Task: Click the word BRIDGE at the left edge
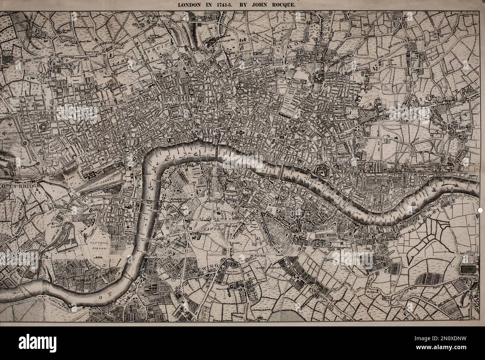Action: click(x=26, y=183)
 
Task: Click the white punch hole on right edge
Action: click(x=480, y=210)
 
